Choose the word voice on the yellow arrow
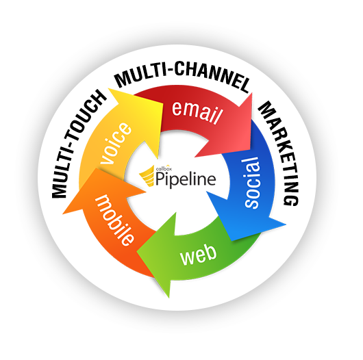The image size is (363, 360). click(117, 144)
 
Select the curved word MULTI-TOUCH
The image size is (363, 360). click(74, 144)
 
